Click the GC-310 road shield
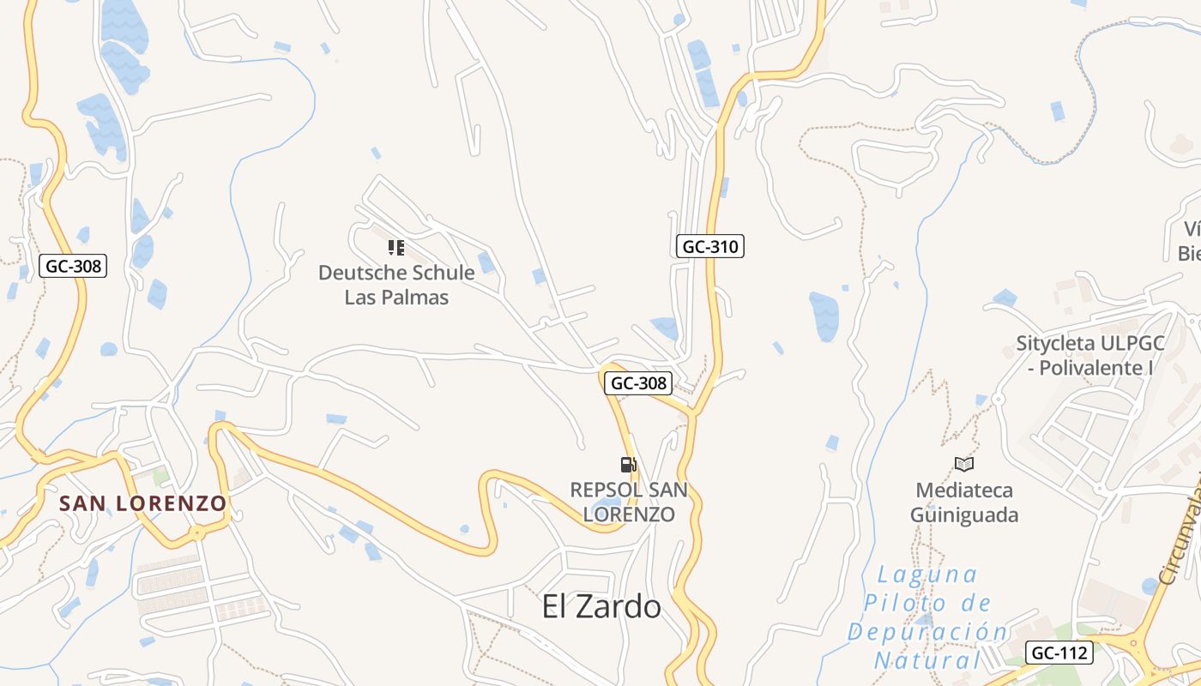pyautogui.click(x=709, y=247)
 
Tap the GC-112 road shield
pyautogui.click(x=1060, y=653)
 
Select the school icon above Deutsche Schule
pyautogui.click(x=395, y=248)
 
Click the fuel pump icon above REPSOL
pyautogui.click(x=629, y=465)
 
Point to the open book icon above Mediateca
pyautogui.click(x=964, y=464)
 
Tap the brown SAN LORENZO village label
pyautogui.click(x=143, y=503)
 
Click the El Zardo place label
pyautogui.click(x=601, y=607)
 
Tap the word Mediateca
pyautogui.click(x=964, y=490)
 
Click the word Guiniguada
pyautogui.click(x=964, y=515)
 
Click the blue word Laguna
pyautogui.click(x=927, y=574)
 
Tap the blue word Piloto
pyautogui.click(x=901, y=602)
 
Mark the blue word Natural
pyautogui.click(x=927, y=660)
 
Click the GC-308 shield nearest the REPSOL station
pyautogui.click(x=637, y=383)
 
